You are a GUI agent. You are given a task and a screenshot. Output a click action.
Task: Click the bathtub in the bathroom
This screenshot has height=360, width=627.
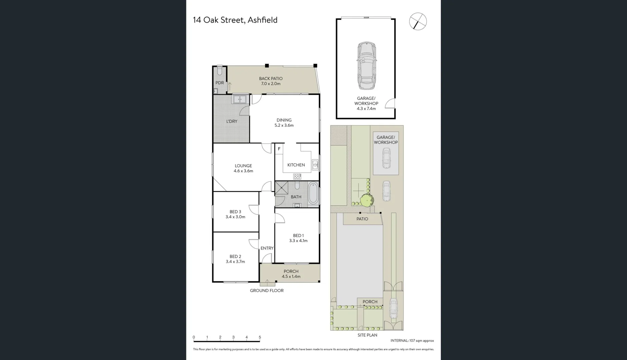tap(313, 193)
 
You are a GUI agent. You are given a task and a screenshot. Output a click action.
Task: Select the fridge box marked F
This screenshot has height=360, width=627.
tap(279, 149)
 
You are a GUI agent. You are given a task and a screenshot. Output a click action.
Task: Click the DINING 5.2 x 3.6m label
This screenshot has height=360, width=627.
tap(284, 123)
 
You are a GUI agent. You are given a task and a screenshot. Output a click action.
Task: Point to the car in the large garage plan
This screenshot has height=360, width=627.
tap(366, 66)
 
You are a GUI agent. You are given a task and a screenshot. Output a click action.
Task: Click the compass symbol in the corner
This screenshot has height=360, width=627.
tap(418, 21)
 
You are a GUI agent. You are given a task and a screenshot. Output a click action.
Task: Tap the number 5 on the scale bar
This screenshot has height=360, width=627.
tap(260, 337)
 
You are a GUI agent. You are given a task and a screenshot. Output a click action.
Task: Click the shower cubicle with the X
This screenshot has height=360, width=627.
tap(281, 188)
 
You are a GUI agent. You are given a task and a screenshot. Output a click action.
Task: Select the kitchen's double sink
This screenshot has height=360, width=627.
tap(315, 165)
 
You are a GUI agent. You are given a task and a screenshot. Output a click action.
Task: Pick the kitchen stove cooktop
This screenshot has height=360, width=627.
tap(297, 177)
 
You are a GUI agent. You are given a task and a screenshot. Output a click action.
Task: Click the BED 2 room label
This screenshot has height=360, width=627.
tap(235, 259)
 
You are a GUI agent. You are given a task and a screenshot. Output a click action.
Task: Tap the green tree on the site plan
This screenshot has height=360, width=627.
tap(367, 200)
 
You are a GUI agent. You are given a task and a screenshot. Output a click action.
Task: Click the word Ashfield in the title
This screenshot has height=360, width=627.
tap(262, 20)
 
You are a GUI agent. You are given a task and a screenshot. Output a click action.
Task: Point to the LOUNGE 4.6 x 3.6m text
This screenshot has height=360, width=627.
tap(243, 168)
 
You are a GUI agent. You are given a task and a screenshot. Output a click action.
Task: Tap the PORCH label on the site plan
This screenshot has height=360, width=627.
tap(370, 302)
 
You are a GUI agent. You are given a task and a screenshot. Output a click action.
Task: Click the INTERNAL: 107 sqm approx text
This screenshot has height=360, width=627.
tap(412, 341)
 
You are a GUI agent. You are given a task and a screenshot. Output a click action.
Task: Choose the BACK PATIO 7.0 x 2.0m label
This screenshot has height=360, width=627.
tap(270, 81)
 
